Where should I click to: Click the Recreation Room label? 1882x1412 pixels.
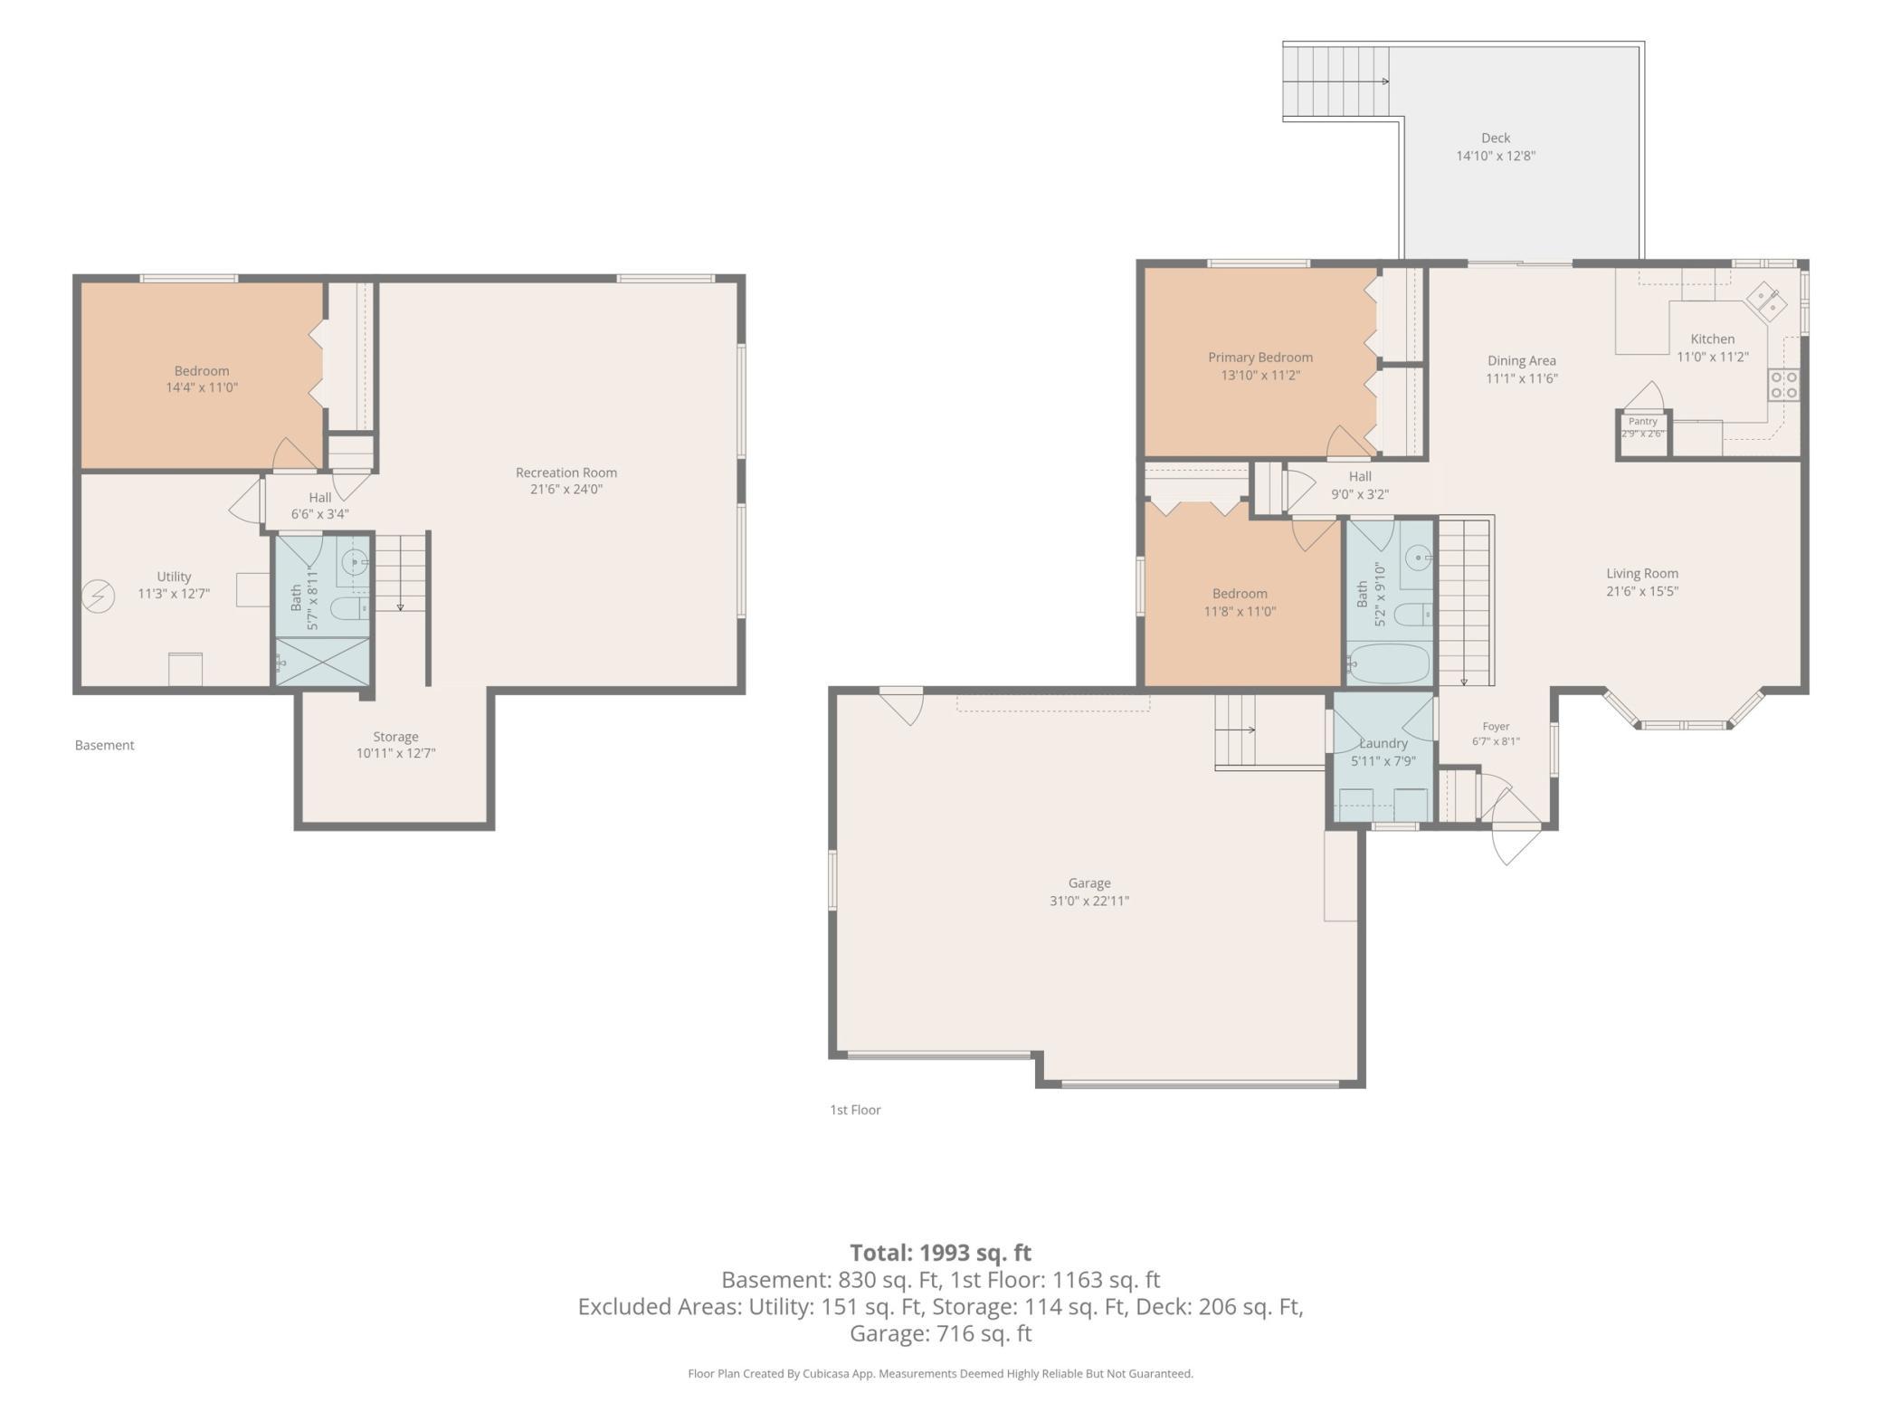pyautogui.click(x=566, y=472)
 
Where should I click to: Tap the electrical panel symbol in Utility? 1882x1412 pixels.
pyautogui.click(x=98, y=596)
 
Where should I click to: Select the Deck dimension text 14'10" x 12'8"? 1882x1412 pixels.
pyautogui.click(x=1496, y=156)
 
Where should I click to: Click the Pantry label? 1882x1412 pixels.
pyautogui.click(x=1643, y=422)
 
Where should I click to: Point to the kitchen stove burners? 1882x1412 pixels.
pyautogui.click(x=1784, y=385)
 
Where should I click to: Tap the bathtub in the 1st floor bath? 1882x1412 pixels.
pyautogui.click(x=1387, y=663)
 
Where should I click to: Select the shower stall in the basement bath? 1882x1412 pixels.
pyautogui.click(x=322, y=661)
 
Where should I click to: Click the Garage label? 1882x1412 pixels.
pyautogui.click(x=1089, y=883)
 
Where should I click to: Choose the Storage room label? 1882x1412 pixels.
pyautogui.click(x=395, y=737)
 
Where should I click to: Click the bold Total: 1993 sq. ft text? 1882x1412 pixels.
pyautogui.click(x=941, y=1253)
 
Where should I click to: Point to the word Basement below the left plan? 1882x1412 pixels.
pyautogui.click(x=104, y=745)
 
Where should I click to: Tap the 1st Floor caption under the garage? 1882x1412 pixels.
pyautogui.click(x=855, y=1110)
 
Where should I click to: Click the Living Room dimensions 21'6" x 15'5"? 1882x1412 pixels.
pyautogui.click(x=1642, y=591)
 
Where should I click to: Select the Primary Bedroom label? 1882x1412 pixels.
pyautogui.click(x=1260, y=358)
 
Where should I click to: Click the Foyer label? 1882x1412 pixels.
pyautogui.click(x=1496, y=726)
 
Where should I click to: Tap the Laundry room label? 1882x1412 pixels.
pyautogui.click(x=1383, y=743)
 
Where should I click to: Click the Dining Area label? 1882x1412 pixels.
pyautogui.click(x=1522, y=361)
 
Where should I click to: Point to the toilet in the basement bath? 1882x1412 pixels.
pyautogui.click(x=349, y=607)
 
